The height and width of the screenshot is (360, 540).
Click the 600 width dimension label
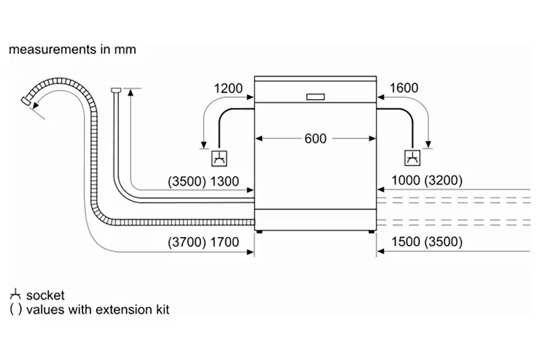click(x=316, y=138)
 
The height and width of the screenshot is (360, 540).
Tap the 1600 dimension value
click(x=404, y=88)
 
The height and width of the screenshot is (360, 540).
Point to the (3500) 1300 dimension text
click(x=203, y=182)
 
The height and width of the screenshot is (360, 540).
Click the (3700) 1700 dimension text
click(x=203, y=243)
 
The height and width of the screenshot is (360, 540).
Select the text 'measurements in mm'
click(x=73, y=49)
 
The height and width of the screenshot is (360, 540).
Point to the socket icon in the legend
click(x=16, y=295)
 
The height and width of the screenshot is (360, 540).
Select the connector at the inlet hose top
click(x=116, y=90)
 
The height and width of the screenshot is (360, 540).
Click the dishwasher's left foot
click(x=260, y=230)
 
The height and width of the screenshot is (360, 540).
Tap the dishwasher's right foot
click(x=371, y=230)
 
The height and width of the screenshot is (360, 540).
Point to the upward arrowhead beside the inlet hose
click(x=132, y=93)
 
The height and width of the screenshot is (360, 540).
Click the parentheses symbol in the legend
click(x=16, y=309)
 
